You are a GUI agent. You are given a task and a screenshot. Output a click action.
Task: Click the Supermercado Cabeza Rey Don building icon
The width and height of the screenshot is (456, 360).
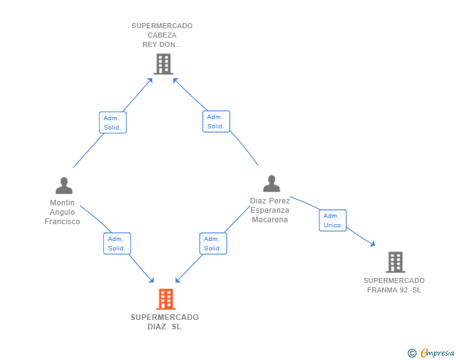click(x=163, y=64)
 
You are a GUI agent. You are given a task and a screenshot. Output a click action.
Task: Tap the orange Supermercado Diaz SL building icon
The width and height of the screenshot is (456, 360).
click(x=165, y=299)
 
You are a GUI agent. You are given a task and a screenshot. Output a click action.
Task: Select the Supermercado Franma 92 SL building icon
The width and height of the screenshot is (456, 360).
click(x=395, y=262)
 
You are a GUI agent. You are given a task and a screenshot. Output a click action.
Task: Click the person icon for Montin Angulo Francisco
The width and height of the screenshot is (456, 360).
click(x=64, y=186)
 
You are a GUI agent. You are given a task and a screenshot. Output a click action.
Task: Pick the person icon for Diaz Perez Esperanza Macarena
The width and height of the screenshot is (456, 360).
click(x=271, y=183)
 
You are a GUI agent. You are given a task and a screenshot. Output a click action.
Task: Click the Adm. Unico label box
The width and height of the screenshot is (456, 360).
click(x=333, y=220)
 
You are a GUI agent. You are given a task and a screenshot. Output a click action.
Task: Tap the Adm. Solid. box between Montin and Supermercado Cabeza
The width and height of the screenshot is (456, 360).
click(x=113, y=123)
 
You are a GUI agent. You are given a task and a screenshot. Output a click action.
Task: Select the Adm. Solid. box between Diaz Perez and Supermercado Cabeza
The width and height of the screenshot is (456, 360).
click(x=216, y=121)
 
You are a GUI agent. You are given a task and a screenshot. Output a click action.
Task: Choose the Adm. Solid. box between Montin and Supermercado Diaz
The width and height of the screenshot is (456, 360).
click(x=117, y=244)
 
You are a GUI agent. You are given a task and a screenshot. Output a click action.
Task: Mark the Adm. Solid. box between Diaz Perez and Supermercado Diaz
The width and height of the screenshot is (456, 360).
click(x=213, y=244)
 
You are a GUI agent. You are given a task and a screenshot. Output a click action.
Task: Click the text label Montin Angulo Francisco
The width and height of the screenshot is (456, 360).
click(x=63, y=212)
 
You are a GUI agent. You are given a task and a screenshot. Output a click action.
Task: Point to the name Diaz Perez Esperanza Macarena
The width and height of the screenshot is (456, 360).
click(x=270, y=210)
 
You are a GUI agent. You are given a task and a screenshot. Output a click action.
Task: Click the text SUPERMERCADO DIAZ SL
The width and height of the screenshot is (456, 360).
click(x=165, y=322)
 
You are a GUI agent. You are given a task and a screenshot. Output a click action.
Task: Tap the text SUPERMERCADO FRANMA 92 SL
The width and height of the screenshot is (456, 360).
click(x=394, y=285)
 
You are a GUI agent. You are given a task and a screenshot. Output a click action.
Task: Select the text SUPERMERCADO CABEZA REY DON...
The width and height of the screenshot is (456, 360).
click(x=162, y=35)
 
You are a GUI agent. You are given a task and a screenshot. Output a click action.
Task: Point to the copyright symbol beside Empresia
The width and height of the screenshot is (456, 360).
click(x=412, y=353)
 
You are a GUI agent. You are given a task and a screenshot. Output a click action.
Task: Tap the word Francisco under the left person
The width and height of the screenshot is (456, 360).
click(x=63, y=222)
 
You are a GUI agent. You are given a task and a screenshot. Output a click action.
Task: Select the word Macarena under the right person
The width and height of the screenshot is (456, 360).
click(x=270, y=220)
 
